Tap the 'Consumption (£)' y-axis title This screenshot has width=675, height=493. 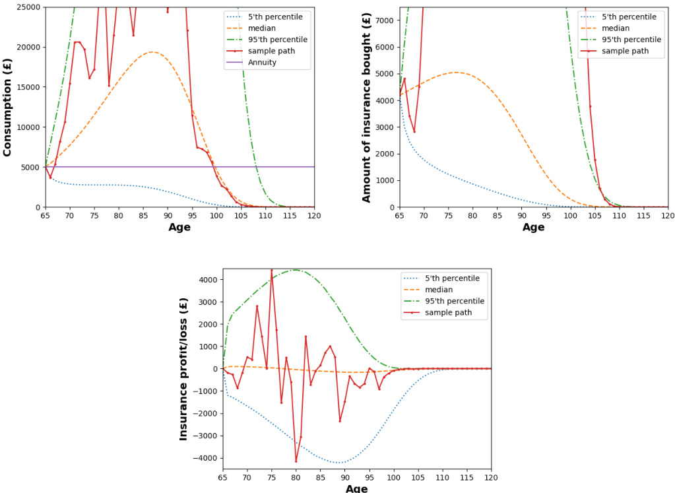[8, 107]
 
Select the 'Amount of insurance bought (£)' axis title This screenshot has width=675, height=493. [367, 107]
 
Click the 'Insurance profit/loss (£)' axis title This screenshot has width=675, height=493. [184, 368]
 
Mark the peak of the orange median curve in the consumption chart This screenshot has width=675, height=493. [152, 52]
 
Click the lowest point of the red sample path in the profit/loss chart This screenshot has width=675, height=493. [296, 461]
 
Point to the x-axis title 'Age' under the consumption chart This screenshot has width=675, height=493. [179, 228]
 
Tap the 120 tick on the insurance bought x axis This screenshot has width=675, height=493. [668, 216]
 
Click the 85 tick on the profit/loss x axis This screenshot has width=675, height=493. [321, 478]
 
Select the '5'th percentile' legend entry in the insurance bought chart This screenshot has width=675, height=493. [629, 16]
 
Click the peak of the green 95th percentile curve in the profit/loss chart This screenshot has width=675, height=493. [296, 270]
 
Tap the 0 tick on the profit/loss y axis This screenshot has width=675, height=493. [216, 369]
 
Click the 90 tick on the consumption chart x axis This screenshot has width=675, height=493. [168, 216]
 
